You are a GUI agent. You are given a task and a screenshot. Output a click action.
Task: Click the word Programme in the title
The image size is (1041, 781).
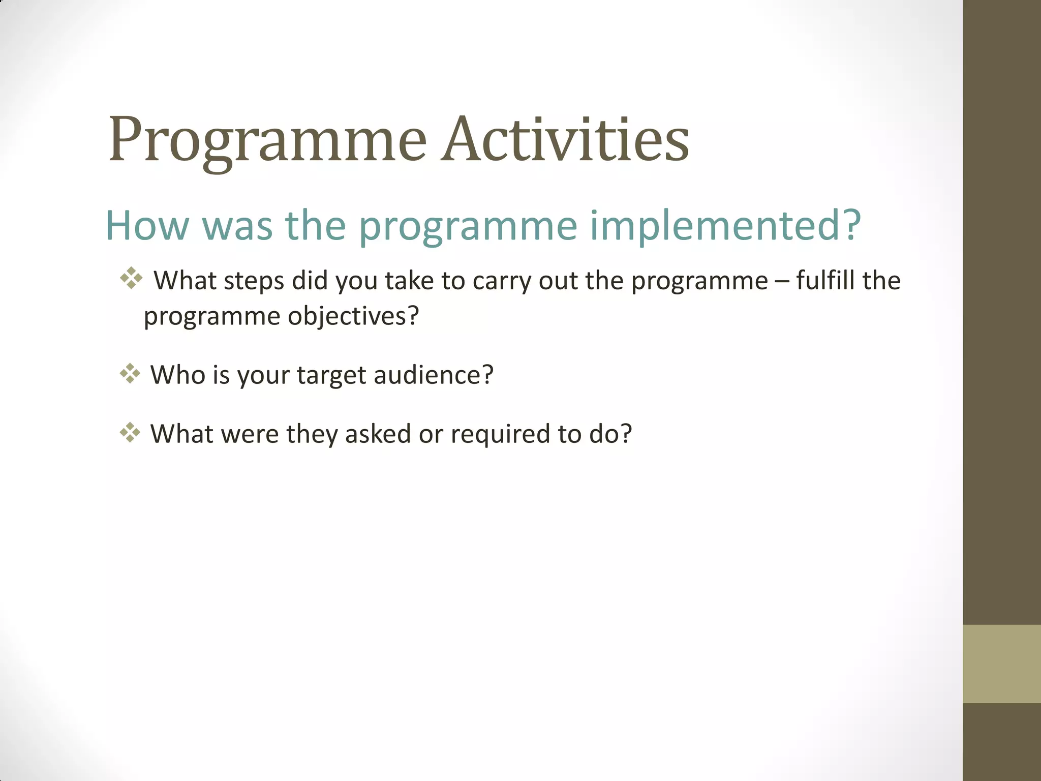(x=267, y=140)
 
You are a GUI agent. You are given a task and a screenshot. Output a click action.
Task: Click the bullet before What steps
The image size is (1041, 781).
(x=131, y=278)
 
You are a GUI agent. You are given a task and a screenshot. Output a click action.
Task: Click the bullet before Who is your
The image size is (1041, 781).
(x=130, y=373)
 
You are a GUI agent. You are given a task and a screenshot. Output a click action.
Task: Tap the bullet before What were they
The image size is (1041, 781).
(x=130, y=432)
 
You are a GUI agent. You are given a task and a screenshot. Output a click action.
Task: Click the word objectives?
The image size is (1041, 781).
(x=353, y=316)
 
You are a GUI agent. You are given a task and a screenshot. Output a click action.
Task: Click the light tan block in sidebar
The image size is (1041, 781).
(x=1001, y=664)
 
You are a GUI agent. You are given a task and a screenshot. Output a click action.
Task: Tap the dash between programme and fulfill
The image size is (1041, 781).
(x=782, y=281)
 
